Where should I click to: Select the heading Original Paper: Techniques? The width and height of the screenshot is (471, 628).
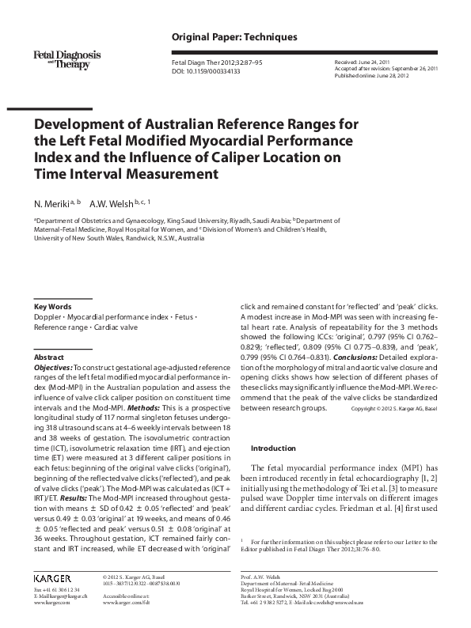[234, 37]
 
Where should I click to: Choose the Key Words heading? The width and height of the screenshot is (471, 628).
[52, 307]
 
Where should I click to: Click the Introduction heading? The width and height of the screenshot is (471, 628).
[272, 448]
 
